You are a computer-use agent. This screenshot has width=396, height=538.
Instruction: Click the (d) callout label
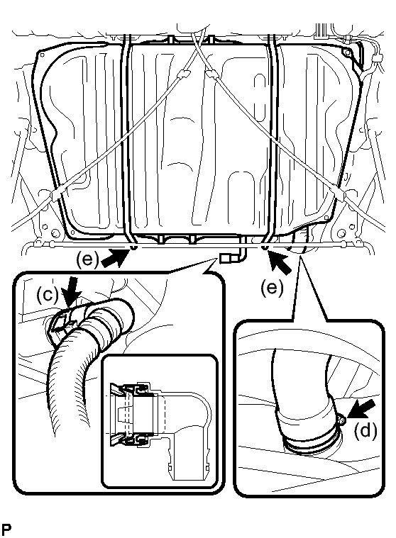365,430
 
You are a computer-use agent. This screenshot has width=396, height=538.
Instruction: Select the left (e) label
87,260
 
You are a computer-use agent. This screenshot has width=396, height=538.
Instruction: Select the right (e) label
272,287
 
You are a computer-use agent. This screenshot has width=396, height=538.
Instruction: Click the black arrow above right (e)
280,262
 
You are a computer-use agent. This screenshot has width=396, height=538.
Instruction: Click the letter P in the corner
6,529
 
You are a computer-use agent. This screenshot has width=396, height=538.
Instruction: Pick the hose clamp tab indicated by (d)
342,420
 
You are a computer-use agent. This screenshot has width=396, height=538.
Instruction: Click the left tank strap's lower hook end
133,247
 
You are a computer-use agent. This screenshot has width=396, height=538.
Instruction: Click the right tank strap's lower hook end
264,247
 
